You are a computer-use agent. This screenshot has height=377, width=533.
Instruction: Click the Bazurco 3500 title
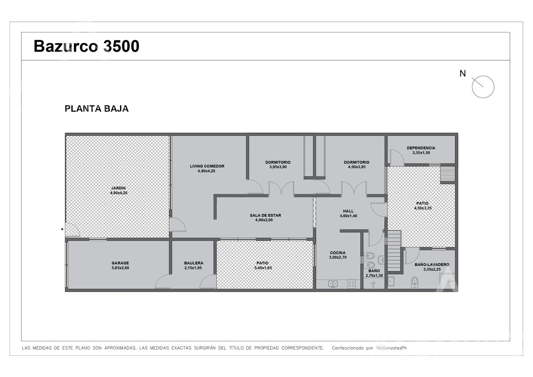click(x=86, y=46)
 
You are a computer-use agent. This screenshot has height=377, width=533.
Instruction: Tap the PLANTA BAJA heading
click(x=97, y=109)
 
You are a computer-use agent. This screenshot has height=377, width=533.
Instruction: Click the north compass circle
click(x=483, y=87)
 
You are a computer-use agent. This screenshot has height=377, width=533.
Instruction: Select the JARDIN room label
click(x=118, y=188)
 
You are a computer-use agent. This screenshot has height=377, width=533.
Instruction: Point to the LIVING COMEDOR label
click(x=207, y=166)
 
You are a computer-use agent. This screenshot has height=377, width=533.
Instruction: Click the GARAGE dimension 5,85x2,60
click(x=120, y=268)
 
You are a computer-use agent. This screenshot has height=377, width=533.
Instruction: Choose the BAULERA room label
click(x=194, y=263)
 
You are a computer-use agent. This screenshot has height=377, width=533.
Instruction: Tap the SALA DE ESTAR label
click(x=265, y=215)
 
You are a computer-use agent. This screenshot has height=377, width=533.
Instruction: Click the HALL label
click(x=348, y=211)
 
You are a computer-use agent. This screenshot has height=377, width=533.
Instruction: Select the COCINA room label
click(x=338, y=253)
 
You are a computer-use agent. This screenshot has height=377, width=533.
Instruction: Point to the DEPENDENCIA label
click(x=421, y=148)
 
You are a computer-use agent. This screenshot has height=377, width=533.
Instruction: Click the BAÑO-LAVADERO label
click(x=432, y=265)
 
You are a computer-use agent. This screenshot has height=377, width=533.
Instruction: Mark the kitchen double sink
click(x=333, y=284)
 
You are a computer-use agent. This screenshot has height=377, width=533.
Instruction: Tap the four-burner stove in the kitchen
click(x=351, y=284)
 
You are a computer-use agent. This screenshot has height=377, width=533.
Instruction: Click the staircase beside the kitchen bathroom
click(x=394, y=251)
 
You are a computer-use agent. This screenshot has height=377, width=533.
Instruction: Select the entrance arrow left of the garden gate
click(x=63, y=229)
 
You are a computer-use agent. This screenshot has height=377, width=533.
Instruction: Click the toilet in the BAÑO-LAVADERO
click(x=414, y=282)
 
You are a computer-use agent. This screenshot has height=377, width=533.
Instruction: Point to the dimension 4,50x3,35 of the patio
click(x=423, y=208)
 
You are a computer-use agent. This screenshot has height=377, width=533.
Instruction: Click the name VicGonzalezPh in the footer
click(x=392, y=348)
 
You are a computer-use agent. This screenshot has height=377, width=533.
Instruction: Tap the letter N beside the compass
click(x=463, y=73)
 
